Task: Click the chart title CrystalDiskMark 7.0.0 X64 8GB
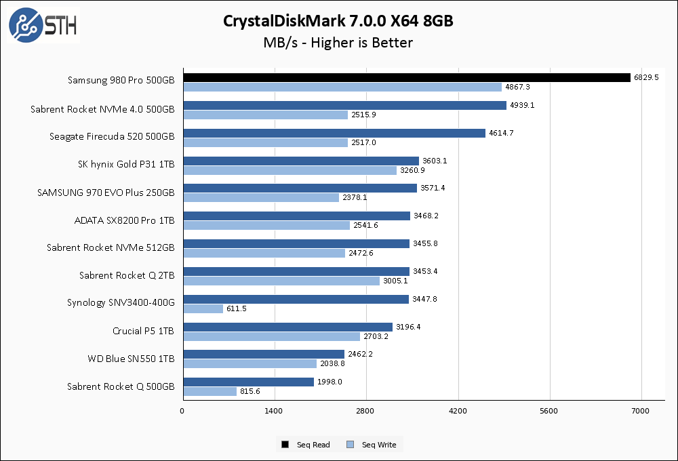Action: click(338, 21)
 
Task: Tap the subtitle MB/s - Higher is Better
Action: click(338, 43)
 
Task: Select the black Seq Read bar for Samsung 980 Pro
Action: click(407, 77)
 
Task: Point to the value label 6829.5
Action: click(646, 77)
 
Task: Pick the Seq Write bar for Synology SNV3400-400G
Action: click(203, 308)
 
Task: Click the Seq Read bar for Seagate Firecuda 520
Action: click(334, 133)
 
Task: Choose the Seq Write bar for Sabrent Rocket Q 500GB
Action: click(210, 391)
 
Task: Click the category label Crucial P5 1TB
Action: click(143, 331)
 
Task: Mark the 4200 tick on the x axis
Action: click(458, 411)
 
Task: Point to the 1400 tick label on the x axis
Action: click(274, 411)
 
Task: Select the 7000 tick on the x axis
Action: click(641, 411)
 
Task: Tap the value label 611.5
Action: click(238, 308)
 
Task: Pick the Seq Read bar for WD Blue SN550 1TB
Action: click(264, 354)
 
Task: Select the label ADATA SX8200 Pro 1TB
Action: click(124, 220)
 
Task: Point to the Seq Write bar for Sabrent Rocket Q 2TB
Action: click(281, 281)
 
